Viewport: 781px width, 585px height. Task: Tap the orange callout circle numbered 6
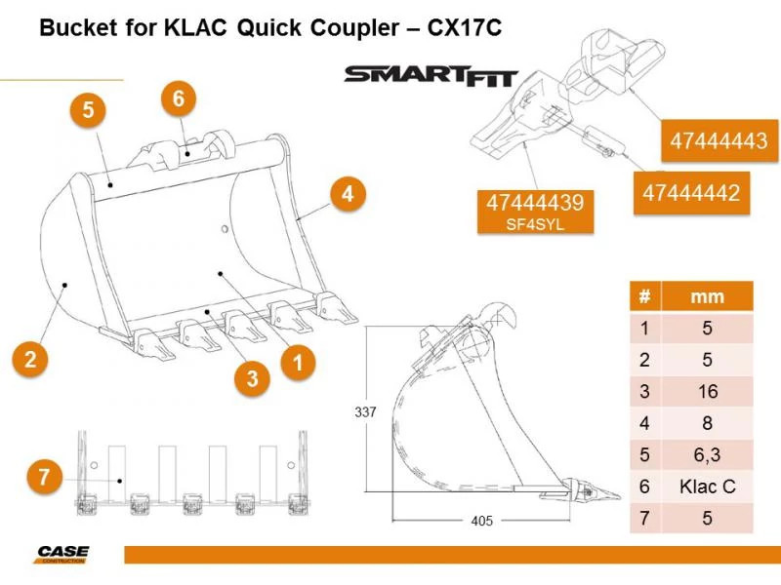pyautogui.click(x=178, y=97)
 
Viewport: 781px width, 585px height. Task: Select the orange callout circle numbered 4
pyautogui.click(x=347, y=194)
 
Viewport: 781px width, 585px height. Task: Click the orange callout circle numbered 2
pyautogui.click(x=31, y=359)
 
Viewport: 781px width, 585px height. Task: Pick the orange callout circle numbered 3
pyautogui.click(x=252, y=378)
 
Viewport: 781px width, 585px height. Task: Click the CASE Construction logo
pyautogui.click(x=62, y=554)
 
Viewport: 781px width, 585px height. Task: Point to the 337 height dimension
pyautogui.click(x=364, y=412)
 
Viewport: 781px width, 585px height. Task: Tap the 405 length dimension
pyautogui.click(x=481, y=522)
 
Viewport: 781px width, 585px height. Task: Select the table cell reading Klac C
pyautogui.click(x=708, y=485)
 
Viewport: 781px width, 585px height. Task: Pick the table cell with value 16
pyautogui.click(x=708, y=391)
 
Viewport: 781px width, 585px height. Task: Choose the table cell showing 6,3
pyautogui.click(x=708, y=453)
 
